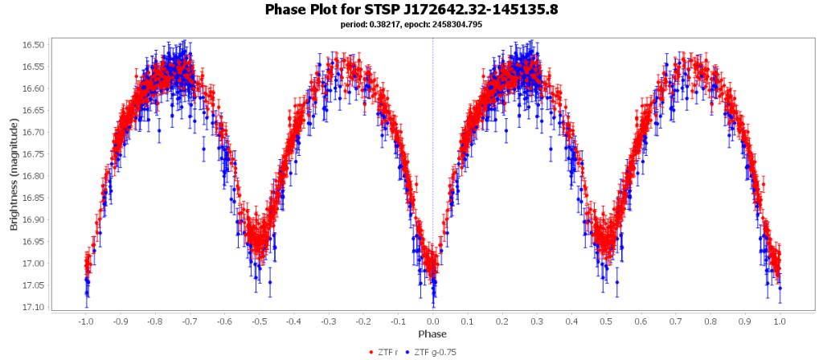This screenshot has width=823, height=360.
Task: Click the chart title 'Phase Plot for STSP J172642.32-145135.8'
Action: pos(411,10)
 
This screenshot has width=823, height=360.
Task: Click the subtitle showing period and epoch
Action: pos(411,24)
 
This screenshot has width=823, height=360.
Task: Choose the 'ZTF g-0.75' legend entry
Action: pos(433,351)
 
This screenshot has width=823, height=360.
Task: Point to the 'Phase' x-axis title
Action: pos(432,333)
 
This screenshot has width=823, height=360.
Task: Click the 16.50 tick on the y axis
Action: pos(36,44)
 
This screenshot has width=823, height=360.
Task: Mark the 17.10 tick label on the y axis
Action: pos(36,307)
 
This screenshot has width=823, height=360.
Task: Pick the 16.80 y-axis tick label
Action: pos(36,176)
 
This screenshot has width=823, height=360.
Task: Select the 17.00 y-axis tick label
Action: pos(36,264)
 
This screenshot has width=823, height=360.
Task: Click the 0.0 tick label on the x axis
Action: pos(432,321)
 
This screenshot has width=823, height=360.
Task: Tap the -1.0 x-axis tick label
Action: pos(84,321)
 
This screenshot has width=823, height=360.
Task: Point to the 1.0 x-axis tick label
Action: pos(780,321)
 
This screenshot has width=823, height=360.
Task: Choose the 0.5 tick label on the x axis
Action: pos(606,321)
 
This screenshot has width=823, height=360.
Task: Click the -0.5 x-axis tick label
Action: pos(258,321)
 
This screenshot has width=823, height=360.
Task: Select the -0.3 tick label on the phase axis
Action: pos(327,321)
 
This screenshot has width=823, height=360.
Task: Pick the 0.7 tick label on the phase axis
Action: pos(675,321)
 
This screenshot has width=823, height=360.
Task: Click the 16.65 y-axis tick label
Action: pos(36,110)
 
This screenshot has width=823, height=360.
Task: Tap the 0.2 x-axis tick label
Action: pos(502,321)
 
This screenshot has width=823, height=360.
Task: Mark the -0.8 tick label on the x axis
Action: pos(154,321)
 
